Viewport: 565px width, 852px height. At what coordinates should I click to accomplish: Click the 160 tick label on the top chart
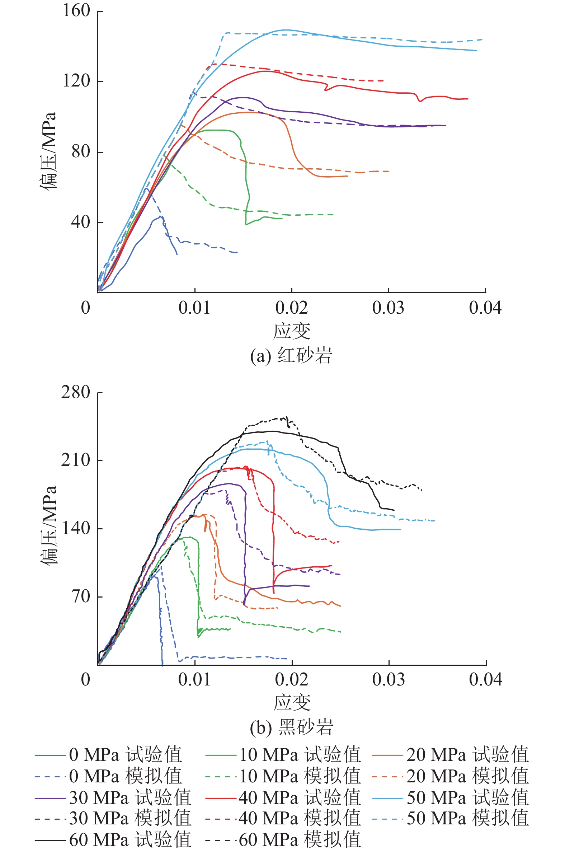(x=76, y=10)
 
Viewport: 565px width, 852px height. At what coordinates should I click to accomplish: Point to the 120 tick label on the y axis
(x=76, y=81)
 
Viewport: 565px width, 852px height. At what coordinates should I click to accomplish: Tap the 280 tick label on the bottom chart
(x=76, y=392)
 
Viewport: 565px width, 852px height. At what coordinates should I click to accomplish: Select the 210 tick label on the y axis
(x=76, y=460)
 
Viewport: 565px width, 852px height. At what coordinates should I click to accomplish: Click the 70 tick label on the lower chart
(x=81, y=596)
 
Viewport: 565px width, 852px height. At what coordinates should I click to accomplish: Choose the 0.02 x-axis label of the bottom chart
(x=292, y=680)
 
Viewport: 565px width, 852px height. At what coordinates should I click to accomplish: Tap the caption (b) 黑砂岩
(x=291, y=727)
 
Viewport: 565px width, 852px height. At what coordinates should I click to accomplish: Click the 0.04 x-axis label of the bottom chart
(x=485, y=680)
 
